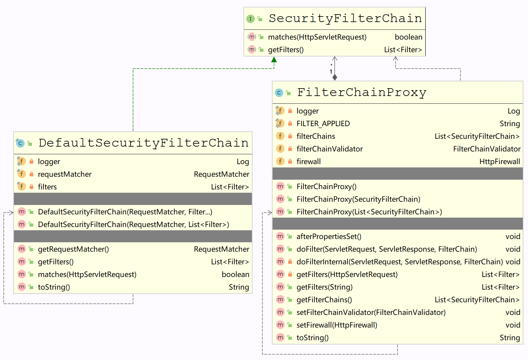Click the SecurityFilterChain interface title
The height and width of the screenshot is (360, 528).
tap(345, 18)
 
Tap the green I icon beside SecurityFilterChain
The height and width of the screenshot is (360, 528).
tap(250, 19)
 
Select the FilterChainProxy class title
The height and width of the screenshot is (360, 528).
tap(361, 92)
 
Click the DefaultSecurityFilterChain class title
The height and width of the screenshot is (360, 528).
tap(143, 143)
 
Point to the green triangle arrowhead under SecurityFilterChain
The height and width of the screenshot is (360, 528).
tap(274, 60)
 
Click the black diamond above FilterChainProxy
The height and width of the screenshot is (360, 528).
tap(335, 77)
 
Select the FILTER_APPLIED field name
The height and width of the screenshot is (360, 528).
tap(323, 124)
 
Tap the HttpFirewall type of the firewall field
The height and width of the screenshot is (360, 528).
tap(499, 162)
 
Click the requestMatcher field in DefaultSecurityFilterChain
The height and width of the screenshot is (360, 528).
tap(65, 174)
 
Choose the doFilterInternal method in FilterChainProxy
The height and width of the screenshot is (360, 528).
tap(399, 262)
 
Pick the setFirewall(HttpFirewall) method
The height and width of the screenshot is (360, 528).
tap(337, 325)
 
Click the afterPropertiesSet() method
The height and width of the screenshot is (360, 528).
tap(329, 236)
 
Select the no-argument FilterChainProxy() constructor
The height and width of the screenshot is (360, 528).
tap(326, 186)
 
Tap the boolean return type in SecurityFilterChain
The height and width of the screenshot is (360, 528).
tap(408, 37)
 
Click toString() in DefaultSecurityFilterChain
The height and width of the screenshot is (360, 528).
tap(54, 287)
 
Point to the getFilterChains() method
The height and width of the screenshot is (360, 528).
tap(324, 300)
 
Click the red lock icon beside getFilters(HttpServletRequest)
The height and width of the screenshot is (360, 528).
tap(290, 274)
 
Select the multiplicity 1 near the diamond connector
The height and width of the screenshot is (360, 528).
tap(331, 72)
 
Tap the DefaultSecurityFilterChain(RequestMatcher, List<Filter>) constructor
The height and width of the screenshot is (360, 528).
tap(133, 224)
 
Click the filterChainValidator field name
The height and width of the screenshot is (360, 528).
tap(329, 149)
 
